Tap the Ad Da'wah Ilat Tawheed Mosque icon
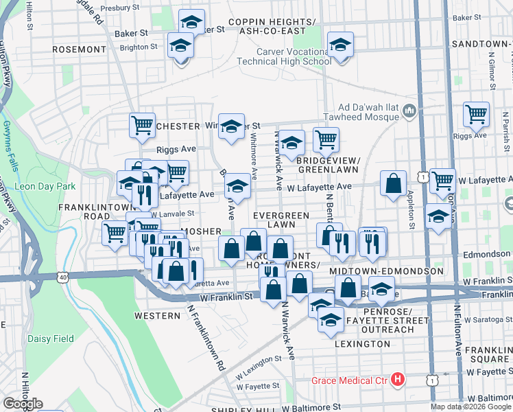[409, 111]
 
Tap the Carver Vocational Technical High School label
[294, 56]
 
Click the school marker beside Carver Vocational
[340, 45]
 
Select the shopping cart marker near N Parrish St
[476, 114]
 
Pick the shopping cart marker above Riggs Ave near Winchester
[142, 126]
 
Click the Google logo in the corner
[22, 404]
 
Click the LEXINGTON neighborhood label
[363, 343]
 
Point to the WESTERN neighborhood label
[156, 316]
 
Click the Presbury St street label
[119, 9]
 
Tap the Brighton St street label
[139, 47]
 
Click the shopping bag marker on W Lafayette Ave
[394, 184]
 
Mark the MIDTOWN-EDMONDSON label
[399, 272]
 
